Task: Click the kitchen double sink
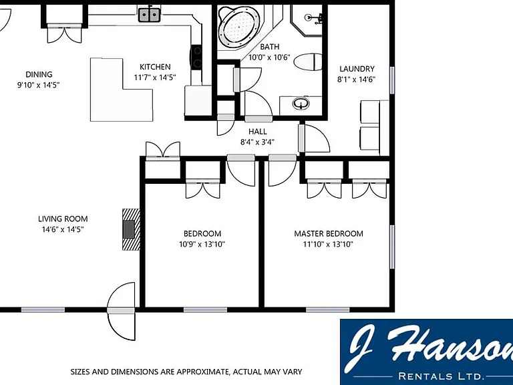coord(150,15)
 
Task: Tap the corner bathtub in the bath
coord(239,26)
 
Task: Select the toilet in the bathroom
coord(308,61)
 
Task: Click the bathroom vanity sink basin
coord(301,104)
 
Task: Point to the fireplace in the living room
coord(131,229)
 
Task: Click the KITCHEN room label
coord(155,67)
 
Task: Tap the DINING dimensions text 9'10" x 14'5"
coord(38,85)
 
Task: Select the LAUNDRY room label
coord(357,69)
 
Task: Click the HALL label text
coord(257,132)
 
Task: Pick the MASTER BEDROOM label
coord(329,234)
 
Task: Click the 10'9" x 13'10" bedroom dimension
coord(202,244)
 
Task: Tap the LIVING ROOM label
coord(63,219)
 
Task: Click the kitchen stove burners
coord(197,57)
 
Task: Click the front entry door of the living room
coord(121,311)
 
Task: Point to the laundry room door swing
coord(315,138)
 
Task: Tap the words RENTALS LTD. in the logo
coord(441,376)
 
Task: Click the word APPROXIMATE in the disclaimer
coord(196,372)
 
